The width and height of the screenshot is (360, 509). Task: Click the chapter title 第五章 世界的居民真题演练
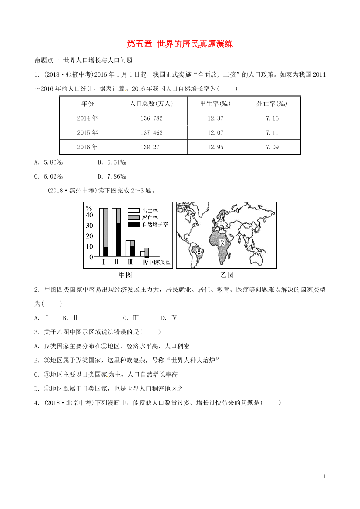[x=180, y=44]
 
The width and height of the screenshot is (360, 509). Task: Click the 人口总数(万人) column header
[x=151, y=104]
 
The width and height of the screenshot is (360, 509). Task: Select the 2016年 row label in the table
[x=87, y=147]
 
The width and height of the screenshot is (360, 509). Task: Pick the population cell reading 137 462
[x=151, y=133]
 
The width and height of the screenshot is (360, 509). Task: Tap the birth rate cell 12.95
[x=215, y=147]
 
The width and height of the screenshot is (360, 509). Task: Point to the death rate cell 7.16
[x=272, y=118]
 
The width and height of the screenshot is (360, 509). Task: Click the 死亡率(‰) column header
[x=272, y=104]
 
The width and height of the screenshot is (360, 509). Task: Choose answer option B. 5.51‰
[x=112, y=162]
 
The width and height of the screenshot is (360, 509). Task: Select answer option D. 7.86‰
[x=112, y=176]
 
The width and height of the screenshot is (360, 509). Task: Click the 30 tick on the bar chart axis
[x=89, y=226]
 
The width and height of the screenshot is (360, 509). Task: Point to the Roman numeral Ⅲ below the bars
[x=130, y=262]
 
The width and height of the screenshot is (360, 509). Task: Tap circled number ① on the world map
[x=220, y=224]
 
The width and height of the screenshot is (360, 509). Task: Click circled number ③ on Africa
[x=222, y=243]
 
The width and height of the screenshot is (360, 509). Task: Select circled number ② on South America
[x=199, y=251]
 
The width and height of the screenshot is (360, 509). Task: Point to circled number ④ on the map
[x=239, y=237]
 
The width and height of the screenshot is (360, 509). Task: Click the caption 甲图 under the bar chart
[x=126, y=275]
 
